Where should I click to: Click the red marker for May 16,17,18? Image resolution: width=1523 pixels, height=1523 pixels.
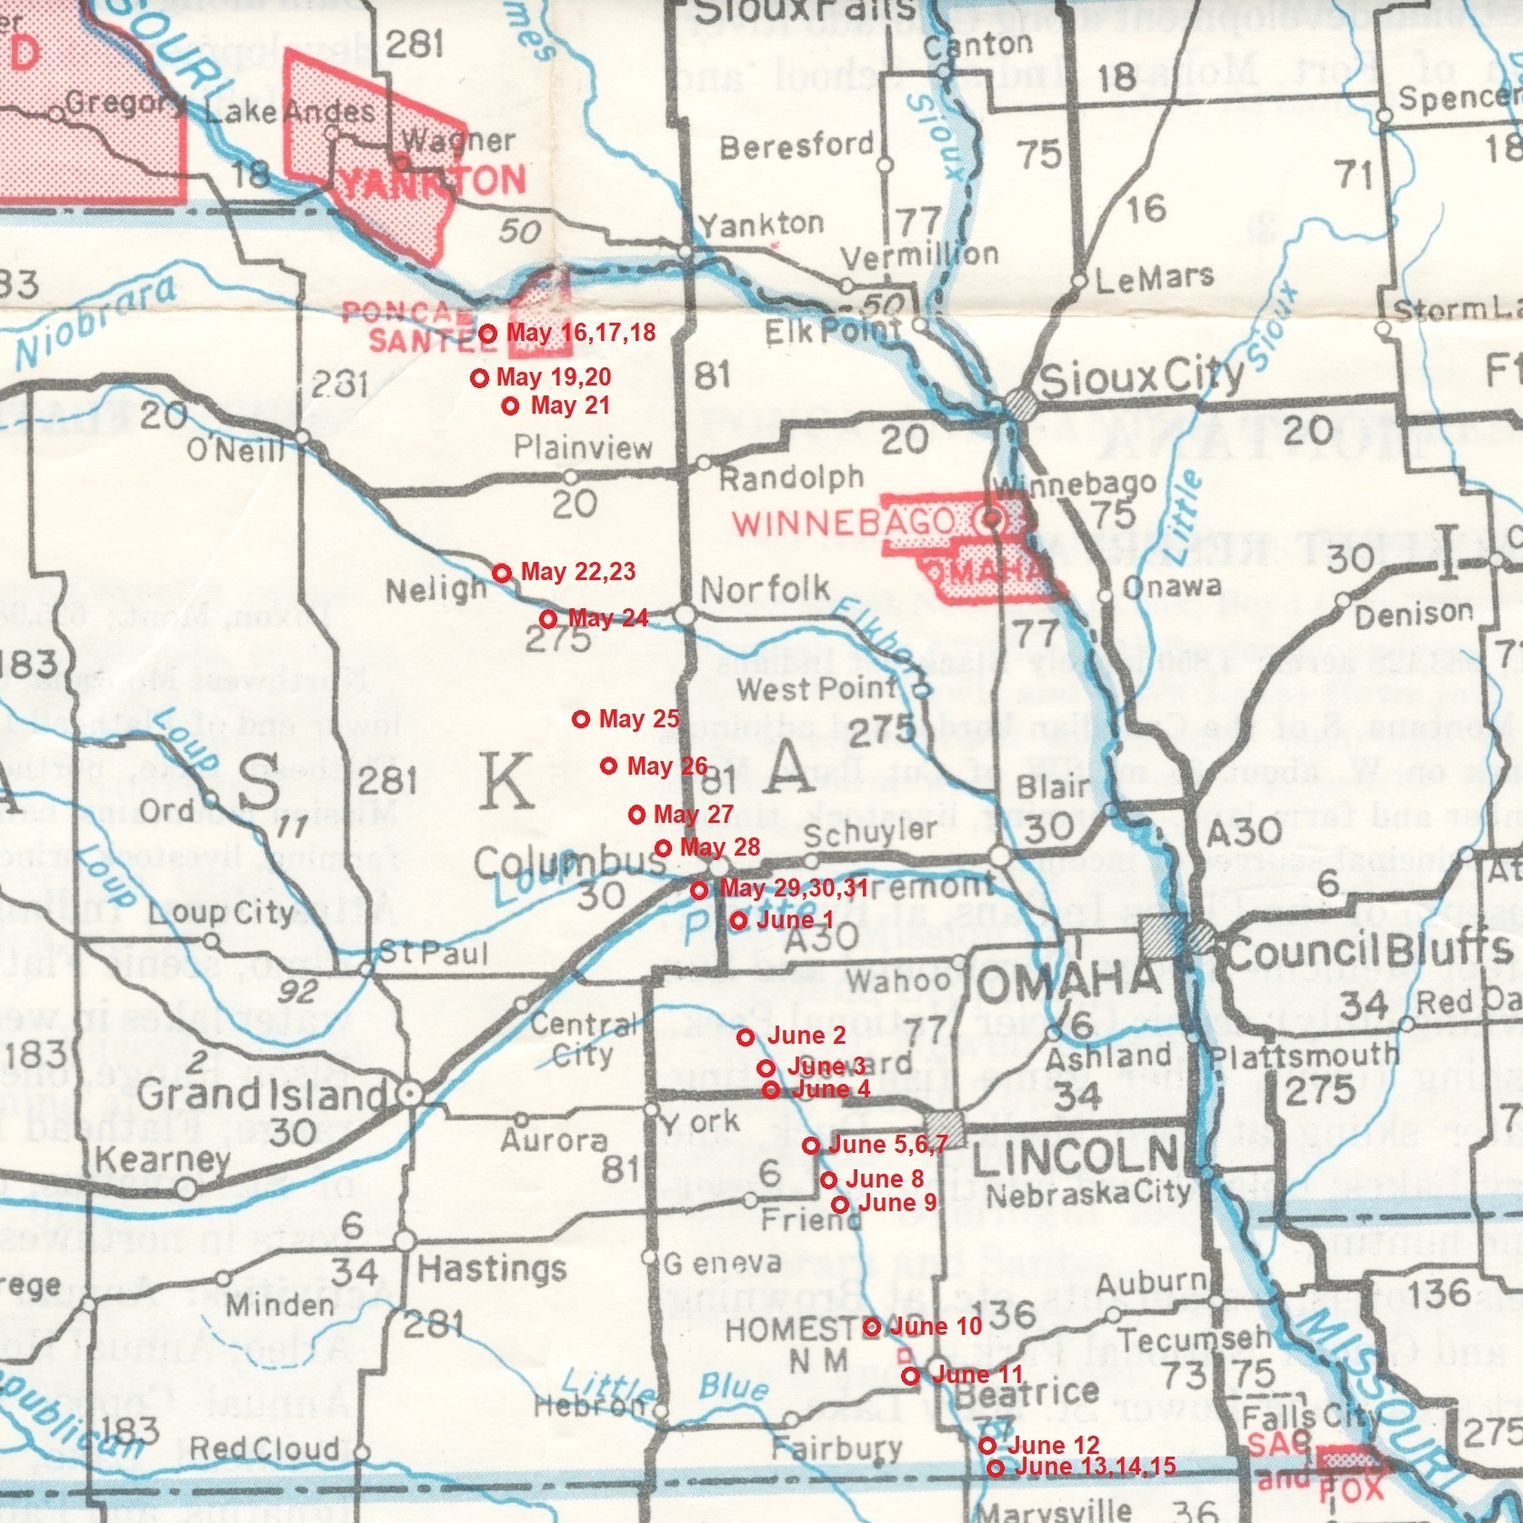(486, 334)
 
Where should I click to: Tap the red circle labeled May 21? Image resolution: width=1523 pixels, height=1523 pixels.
(511, 406)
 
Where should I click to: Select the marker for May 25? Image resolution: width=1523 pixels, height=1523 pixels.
(581, 719)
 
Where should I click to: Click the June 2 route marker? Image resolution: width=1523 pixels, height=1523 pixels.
(745, 1037)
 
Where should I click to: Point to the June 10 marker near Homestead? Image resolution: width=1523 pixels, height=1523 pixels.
(871, 1328)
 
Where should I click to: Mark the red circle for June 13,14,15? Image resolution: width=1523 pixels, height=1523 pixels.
(995, 1468)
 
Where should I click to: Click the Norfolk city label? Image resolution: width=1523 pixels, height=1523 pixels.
(765, 590)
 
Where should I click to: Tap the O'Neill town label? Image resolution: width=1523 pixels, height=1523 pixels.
(235, 449)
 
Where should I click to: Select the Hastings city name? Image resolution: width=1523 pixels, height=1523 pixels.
(491, 1267)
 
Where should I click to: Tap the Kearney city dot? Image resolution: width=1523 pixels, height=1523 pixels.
(185, 1187)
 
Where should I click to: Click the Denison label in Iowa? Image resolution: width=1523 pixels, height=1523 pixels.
(1413, 616)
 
